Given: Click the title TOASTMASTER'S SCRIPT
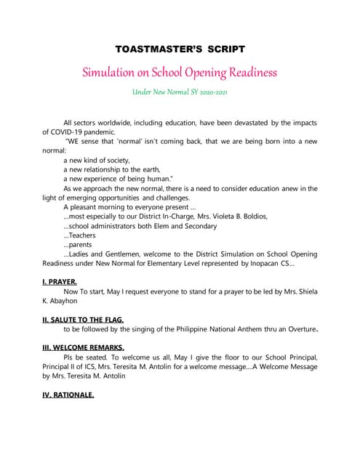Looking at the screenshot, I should [x=180, y=49].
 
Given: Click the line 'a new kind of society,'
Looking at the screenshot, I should [x=97, y=160].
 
